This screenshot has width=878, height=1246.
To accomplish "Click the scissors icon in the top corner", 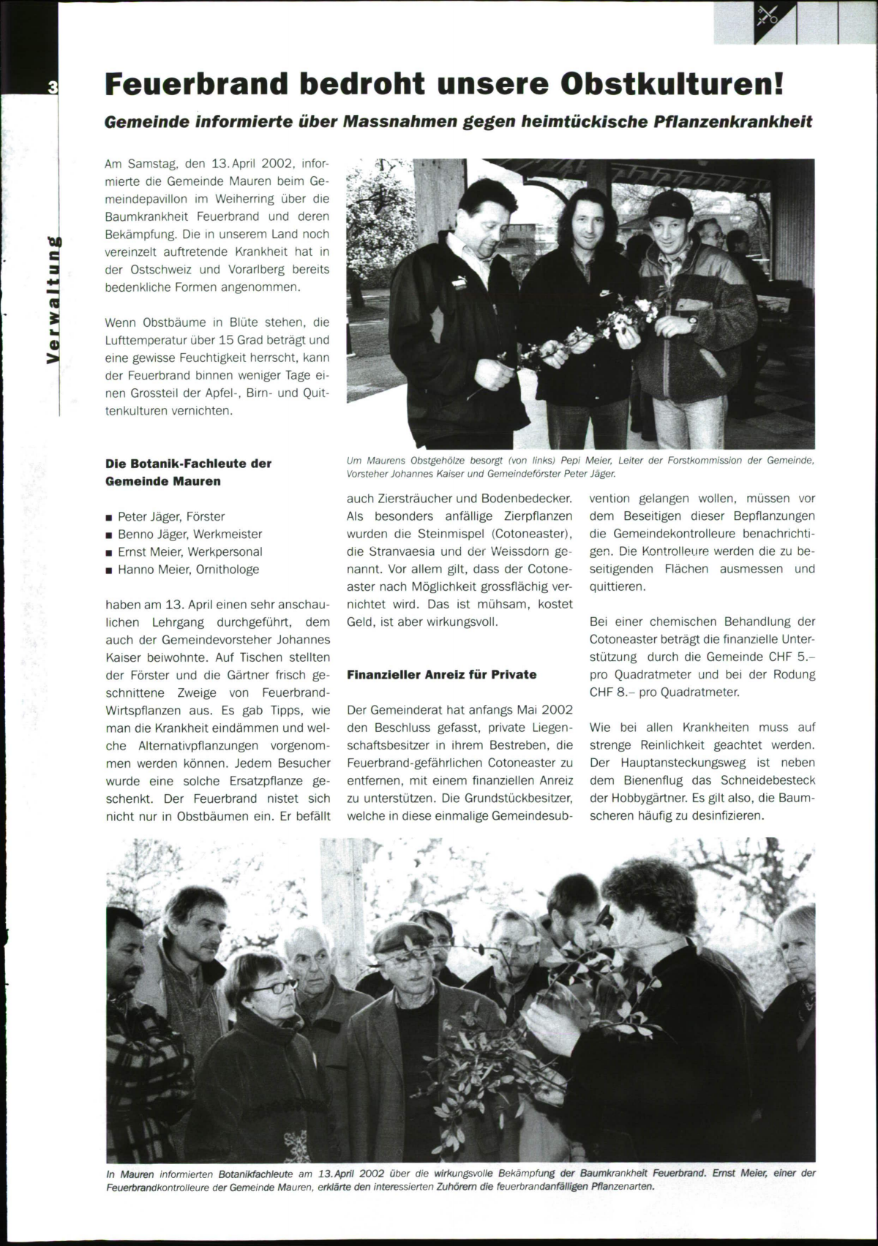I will pyautogui.click(x=768, y=15).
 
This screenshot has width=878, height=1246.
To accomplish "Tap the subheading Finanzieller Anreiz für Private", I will pyautogui.click(x=442, y=674).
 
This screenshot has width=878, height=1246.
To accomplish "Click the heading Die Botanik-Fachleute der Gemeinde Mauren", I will pyautogui.click(x=189, y=472).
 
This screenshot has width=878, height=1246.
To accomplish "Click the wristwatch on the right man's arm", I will pyautogui.click(x=692, y=319).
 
